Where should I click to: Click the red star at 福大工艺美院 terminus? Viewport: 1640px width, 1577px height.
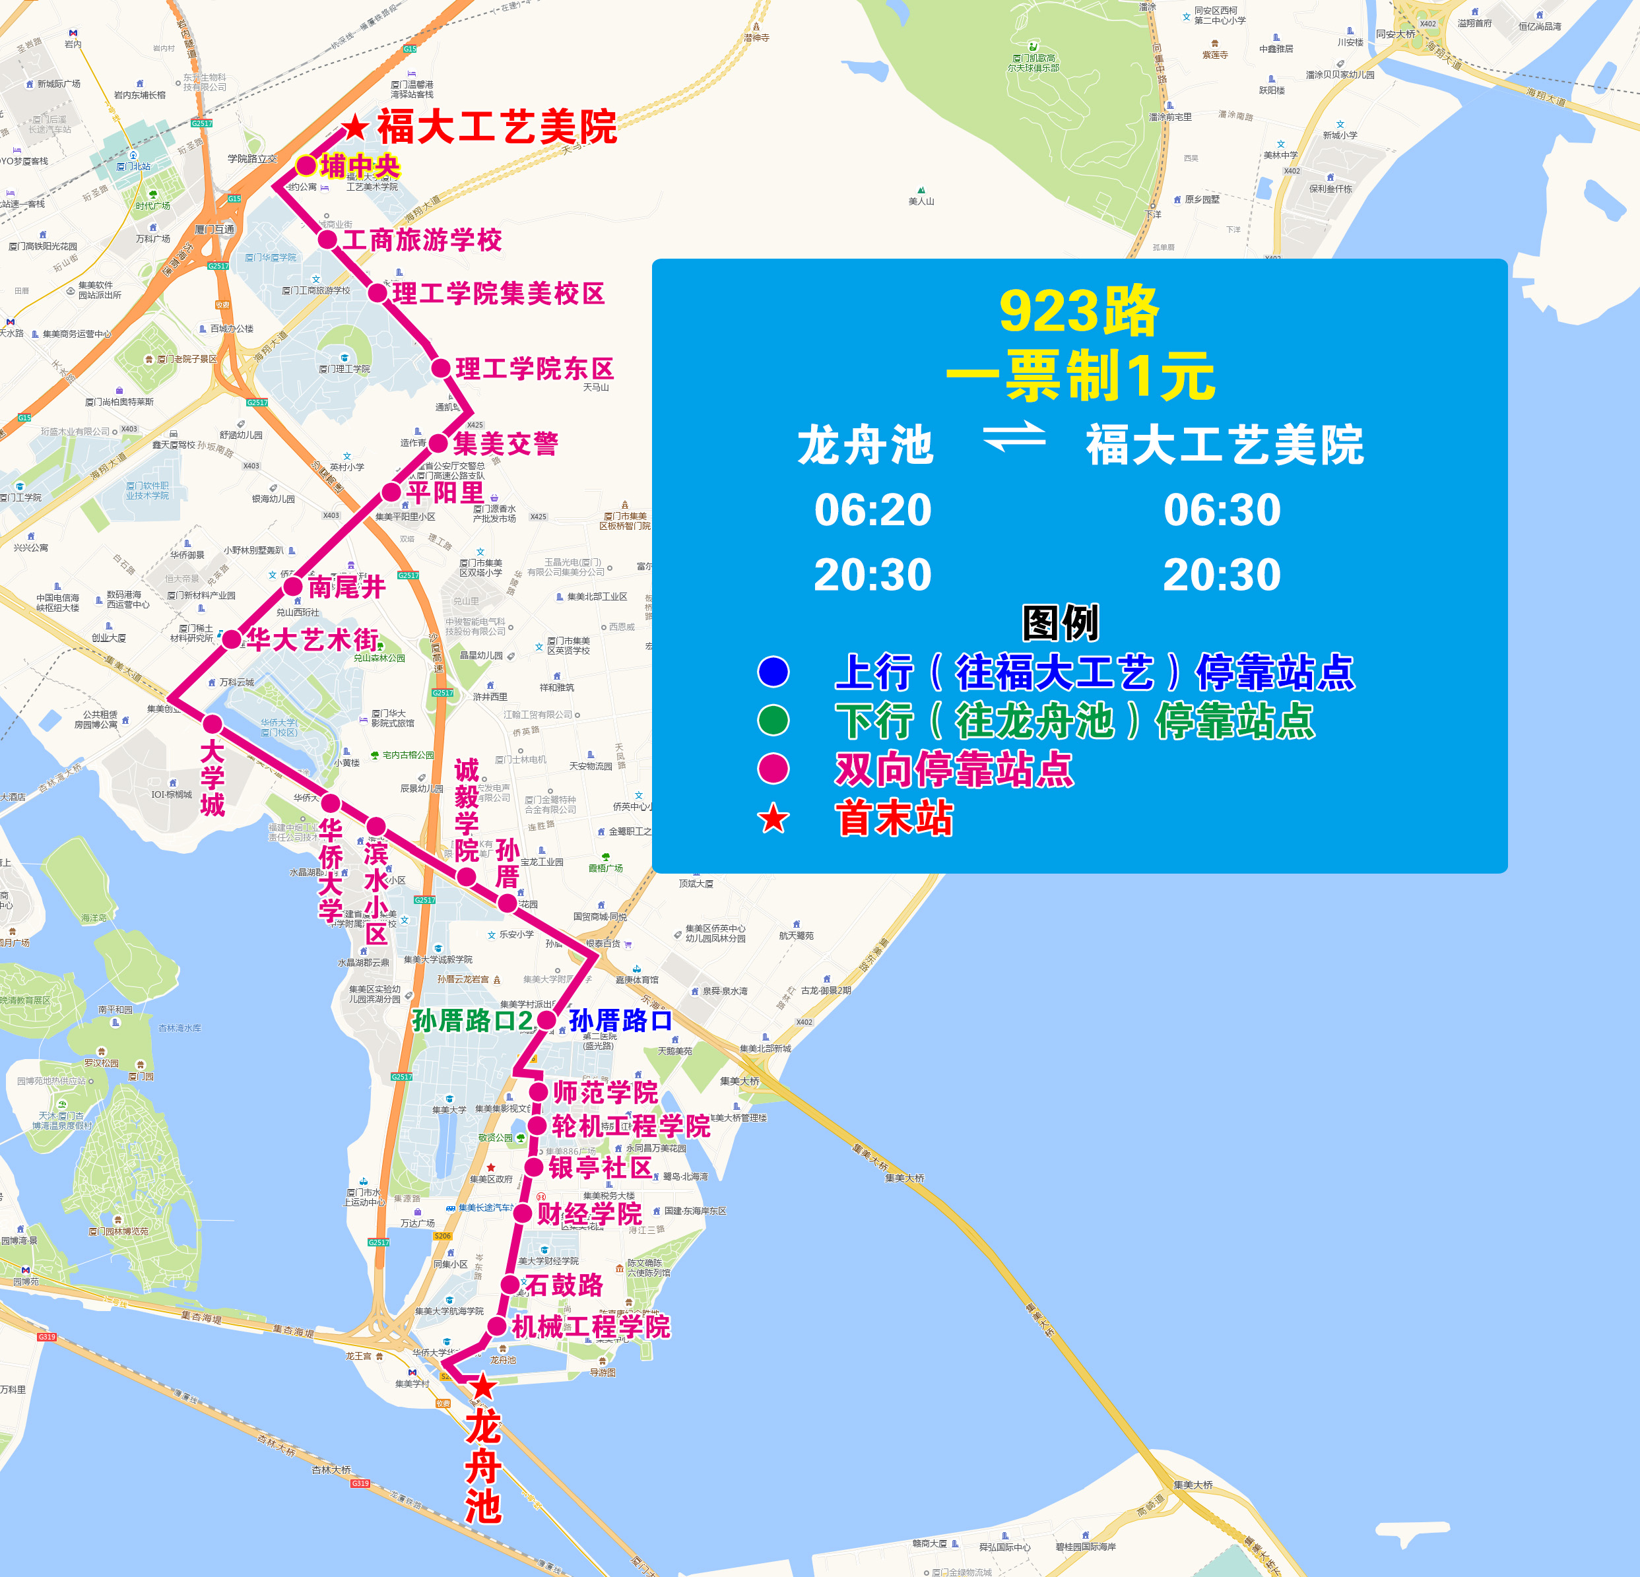click(x=356, y=127)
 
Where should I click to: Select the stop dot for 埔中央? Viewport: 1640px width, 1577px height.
click(x=306, y=166)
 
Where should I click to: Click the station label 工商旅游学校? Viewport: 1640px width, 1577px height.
click(x=422, y=240)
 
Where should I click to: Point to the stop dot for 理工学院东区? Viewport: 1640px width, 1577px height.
click(x=441, y=368)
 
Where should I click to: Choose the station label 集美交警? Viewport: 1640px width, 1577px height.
click(x=506, y=443)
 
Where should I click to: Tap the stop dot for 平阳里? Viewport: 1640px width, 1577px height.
click(x=391, y=492)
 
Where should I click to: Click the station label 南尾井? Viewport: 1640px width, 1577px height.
click(x=346, y=587)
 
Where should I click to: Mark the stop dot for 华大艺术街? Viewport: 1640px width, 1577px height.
click(x=232, y=640)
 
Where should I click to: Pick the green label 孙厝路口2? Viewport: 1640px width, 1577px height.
click(x=472, y=1021)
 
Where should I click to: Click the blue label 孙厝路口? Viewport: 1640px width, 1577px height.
click(x=620, y=1021)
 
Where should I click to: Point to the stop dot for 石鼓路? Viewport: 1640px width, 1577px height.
click(x=510, y=1284)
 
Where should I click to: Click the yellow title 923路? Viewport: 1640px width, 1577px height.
click(x=1080, y=311)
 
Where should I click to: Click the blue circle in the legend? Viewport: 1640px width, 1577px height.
click(x=773, y=672)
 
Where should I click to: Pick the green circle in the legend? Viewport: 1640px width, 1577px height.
click(x=773, y=721)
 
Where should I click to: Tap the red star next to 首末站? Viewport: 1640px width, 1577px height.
click(x=773, y=818)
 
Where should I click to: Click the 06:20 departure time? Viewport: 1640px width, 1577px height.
click(x=872, y=509)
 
